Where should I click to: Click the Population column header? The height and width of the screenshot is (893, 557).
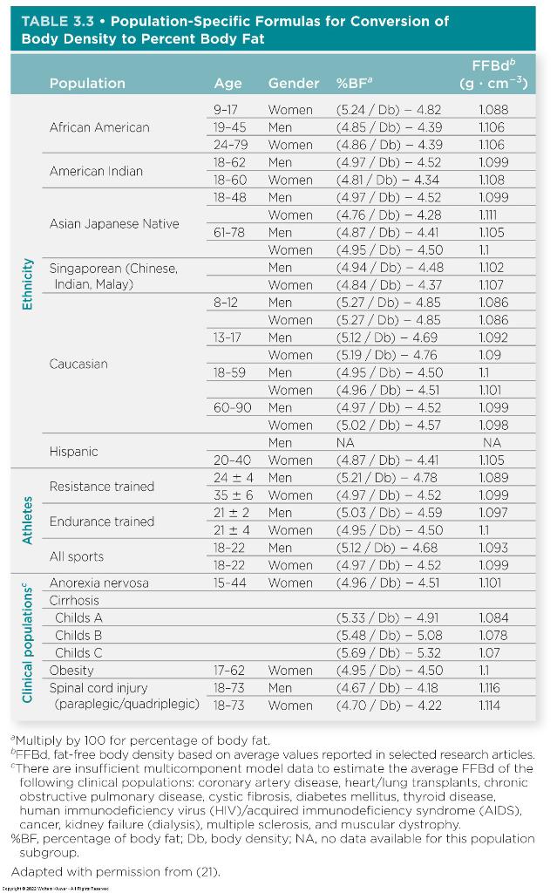87,84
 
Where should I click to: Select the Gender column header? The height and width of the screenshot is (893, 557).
294,84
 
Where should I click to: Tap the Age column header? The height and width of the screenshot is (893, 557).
228,84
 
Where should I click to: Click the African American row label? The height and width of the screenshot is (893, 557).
99,127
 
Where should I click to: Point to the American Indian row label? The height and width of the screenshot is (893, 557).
96,171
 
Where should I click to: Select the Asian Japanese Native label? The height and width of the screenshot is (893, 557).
114,223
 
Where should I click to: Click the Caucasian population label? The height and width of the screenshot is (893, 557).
78,364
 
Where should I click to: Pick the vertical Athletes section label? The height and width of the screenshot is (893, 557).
27,521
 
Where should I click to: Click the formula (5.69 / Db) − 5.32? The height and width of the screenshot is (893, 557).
389,652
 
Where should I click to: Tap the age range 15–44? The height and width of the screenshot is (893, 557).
228,583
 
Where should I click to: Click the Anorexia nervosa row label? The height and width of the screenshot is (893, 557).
98,583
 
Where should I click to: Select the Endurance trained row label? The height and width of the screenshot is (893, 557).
101,521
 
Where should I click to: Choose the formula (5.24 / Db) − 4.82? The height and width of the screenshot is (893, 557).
389,110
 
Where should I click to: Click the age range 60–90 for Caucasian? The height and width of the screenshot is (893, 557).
232,407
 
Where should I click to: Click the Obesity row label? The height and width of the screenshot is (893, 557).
71,671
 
